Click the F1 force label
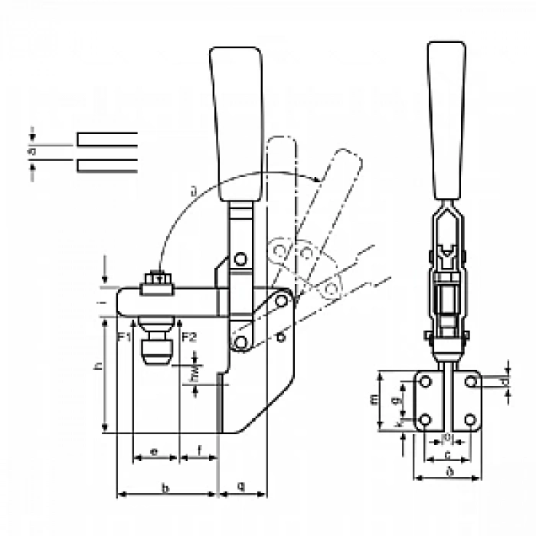[125, 336]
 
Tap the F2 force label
[191, 336]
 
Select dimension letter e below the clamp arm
[154, 452]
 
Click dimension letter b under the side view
[166, 487]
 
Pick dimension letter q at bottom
[243, 486]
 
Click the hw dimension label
[194, 375]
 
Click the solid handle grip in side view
[237, 115]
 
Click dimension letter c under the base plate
[447, 456]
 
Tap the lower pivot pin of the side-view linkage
[242, 342]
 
